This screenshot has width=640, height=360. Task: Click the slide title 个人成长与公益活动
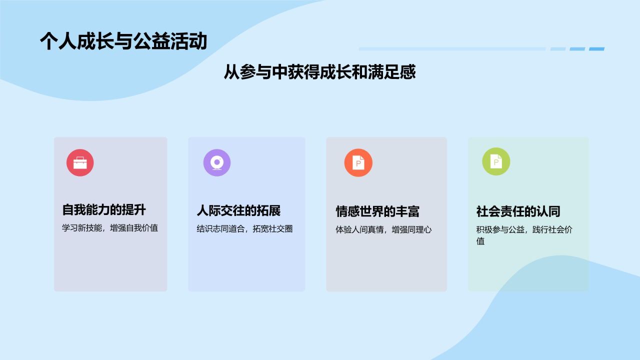click(123, 41)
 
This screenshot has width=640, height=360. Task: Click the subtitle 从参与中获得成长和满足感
click(319, 71)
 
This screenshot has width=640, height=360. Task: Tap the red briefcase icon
click(80, 162)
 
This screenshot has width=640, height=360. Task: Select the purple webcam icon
click(217, 162)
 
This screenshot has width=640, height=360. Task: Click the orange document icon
click(358, 162)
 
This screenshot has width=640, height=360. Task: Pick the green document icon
click(496, 161)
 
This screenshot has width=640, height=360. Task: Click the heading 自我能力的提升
click(104, 210)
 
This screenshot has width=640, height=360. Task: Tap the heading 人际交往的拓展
click(239, 211)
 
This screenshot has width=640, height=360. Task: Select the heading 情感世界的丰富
click(377, 211)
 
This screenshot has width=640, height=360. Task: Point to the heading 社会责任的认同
click(518, 211)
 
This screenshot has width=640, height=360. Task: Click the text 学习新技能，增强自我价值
click(110, 228)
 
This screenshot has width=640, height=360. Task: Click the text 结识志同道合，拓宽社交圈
click(244, 229)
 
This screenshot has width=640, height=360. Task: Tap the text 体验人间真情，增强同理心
click(383, 229)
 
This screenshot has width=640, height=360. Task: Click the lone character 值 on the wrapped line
click(480, 241)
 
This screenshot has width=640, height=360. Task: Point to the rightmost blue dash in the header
click(596, 49)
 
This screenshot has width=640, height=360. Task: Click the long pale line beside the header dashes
click(452, 49)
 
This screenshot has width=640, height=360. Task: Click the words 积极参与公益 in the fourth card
click(500, 229)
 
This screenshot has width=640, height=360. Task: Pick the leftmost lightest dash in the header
click(558, 49)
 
